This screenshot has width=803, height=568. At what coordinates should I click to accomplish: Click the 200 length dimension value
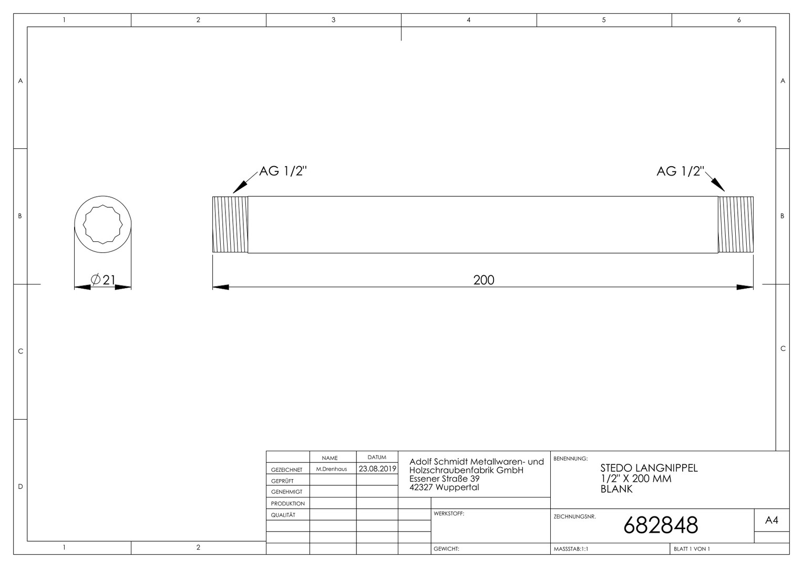[483, 280]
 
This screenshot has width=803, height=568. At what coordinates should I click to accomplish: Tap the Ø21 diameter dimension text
[103, 280]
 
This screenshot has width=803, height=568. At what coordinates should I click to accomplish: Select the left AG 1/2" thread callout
[283, 171]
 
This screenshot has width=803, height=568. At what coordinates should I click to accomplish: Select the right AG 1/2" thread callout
[681, 171]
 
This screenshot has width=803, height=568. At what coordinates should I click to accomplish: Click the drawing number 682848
[661, 525]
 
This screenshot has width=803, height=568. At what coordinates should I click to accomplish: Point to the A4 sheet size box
[771, 520]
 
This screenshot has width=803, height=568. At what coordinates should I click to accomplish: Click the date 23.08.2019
[377, 469]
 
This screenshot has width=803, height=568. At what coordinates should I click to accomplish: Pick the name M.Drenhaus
[332, 469]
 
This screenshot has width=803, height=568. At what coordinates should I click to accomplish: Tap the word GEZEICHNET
[287, 470]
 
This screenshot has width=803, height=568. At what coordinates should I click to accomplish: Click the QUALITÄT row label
[283, 515]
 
